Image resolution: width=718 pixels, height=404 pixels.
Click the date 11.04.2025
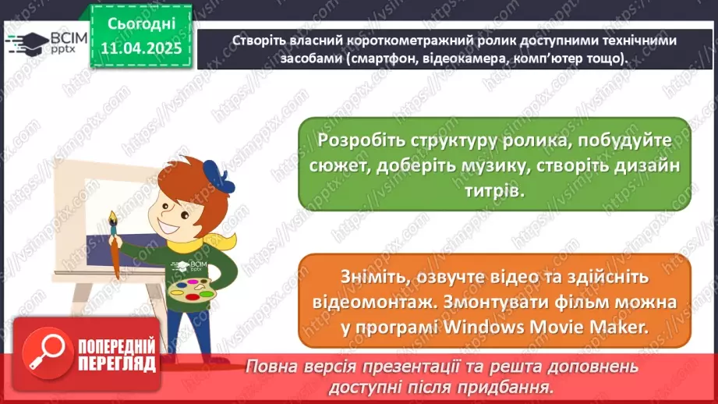pos(141,48)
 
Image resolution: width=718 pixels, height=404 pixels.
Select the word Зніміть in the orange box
pos(370,277)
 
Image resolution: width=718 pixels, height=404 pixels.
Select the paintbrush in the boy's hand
pos(114,242)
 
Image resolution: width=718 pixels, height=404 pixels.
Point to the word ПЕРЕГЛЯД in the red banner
pos(117,365)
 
